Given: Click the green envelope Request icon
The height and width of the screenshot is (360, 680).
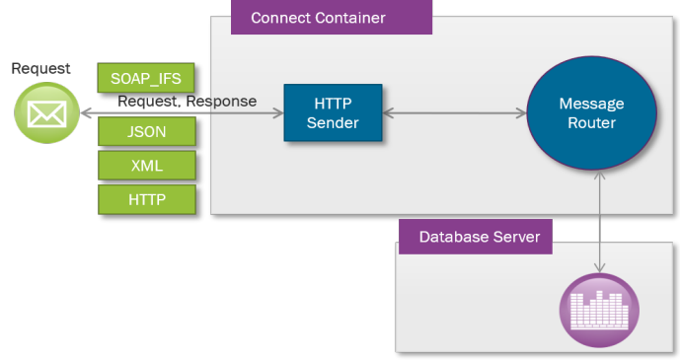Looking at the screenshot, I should (45, 113).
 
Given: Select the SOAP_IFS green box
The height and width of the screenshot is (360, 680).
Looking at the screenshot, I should (146, 78).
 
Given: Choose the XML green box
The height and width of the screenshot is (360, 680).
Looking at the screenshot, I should (146, 165).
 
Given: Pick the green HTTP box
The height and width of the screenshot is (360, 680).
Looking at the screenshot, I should (146, 199).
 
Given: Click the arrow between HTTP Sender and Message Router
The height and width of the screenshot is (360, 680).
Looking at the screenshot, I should (454, 113).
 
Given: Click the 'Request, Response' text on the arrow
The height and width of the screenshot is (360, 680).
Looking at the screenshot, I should (188, 102).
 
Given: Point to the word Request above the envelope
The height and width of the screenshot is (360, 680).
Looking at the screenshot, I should (40, 69).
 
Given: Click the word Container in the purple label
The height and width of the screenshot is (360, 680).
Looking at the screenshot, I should (349, 18).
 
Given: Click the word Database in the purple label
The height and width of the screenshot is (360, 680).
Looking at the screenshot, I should (453, 237).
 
